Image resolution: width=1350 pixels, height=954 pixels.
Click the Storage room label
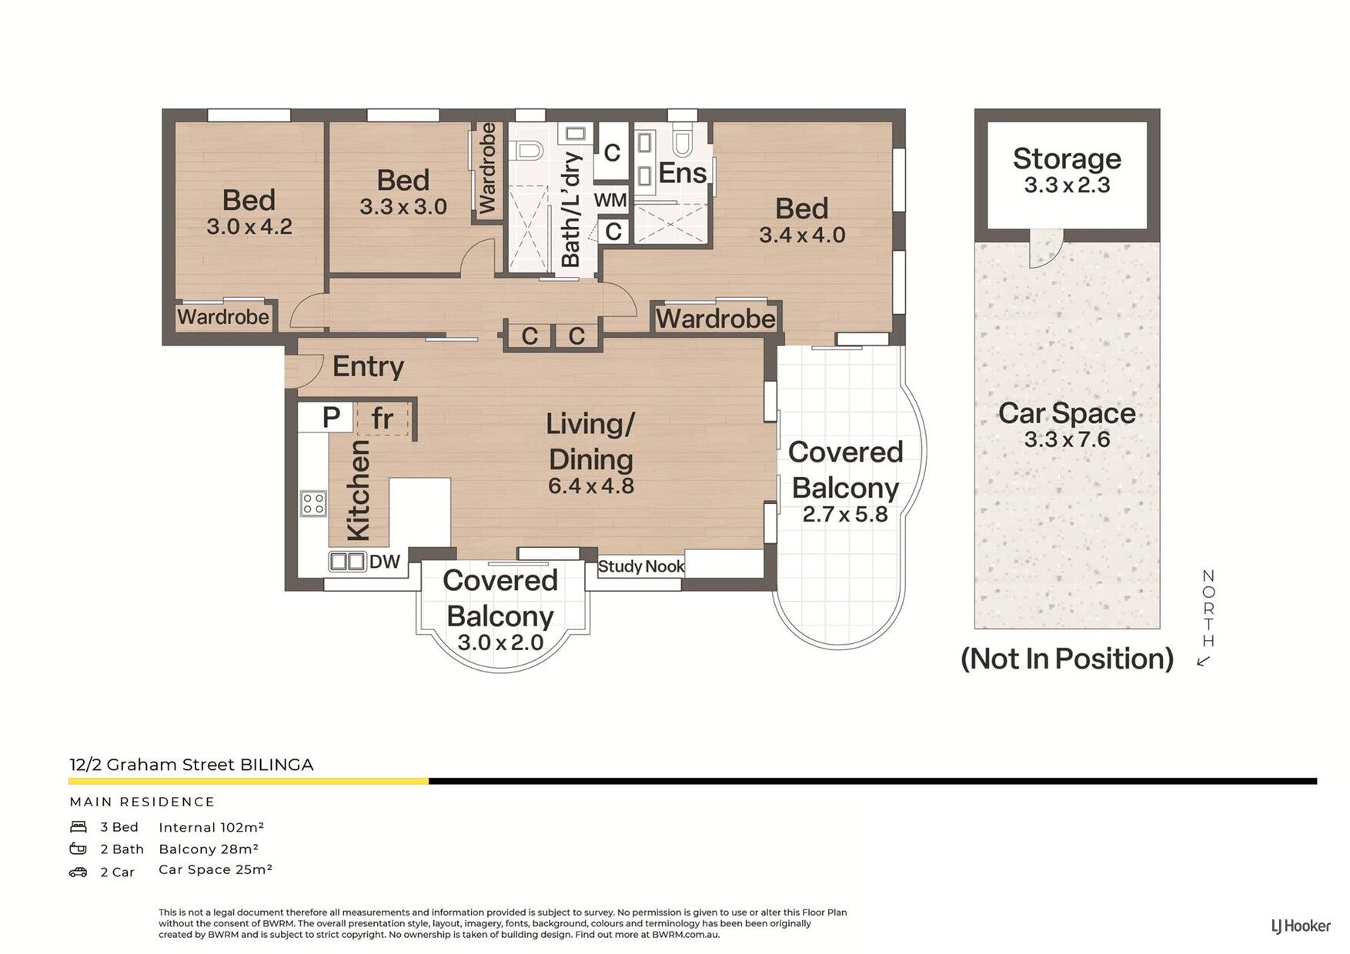[x=1067, y=158]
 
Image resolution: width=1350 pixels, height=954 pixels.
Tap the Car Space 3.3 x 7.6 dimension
[x=1067, y=439]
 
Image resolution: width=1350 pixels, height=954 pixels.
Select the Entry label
[x=368, y=367]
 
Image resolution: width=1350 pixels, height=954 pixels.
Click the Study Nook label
[x=641, y=566]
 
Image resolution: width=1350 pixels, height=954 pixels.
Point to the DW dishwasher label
[x=385, y=562]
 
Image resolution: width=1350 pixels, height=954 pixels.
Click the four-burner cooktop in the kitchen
[x=313, y=504]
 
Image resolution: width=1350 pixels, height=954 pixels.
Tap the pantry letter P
[x=331, y=418]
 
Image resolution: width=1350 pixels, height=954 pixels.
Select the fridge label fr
[x=383, y=419]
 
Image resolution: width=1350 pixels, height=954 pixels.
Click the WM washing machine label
[x=610, y=200]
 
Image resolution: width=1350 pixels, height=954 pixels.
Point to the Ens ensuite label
[x=683, y=174]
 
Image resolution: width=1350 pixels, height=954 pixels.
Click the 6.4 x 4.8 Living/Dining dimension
[x=591, y=486]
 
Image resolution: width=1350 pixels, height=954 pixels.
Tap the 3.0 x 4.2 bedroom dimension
[x=249, y=227]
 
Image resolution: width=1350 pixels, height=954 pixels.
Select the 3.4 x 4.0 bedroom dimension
[x=802, y=235]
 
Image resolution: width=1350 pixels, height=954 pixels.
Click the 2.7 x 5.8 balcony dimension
[x=845, y=514]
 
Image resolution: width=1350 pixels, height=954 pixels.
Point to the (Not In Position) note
[x=1068, y=659]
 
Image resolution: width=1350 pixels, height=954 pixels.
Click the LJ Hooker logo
[x=1300, y=926]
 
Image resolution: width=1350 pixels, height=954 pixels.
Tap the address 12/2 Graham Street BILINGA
[x=192, y=765]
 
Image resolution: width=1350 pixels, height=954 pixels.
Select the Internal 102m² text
[x=212, y=827]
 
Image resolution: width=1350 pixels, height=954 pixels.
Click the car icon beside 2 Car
[x=78, y=872]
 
